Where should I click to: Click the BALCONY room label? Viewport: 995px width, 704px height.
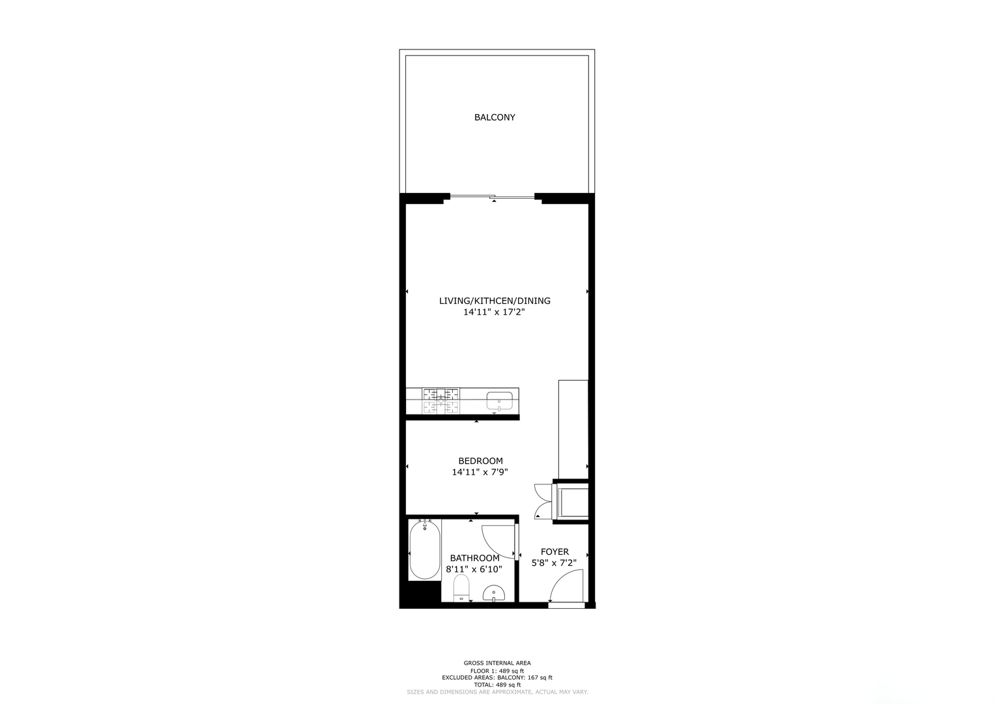[495, 117]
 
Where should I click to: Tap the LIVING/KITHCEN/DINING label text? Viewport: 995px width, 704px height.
[495, 301]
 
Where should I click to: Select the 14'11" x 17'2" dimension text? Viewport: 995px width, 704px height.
[494, 312]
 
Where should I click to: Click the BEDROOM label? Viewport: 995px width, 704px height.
[481, 461]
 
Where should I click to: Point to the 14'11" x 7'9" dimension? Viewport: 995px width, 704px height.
[480, 472]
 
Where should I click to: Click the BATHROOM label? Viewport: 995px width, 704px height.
[475, 558]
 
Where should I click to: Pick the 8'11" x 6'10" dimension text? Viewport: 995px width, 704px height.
[474, 569]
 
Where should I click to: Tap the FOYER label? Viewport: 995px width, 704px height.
[555, 551]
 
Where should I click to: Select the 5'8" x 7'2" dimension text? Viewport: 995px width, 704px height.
[554, 563]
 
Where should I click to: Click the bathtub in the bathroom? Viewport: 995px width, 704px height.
[425, 550]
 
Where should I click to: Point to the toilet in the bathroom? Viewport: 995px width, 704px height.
[461, 587]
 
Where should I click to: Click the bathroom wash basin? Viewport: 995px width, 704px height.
[493, 593]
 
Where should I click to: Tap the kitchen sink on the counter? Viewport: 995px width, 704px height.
[499, 401]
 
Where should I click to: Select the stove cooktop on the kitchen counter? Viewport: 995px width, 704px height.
[440, 400]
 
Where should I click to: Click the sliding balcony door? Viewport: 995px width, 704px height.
[492, 196]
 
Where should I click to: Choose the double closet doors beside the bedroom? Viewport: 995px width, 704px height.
[543, 501]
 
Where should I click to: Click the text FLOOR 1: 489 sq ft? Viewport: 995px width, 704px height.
[497, 671]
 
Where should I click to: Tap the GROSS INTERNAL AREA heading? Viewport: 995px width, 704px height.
[497, 663]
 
